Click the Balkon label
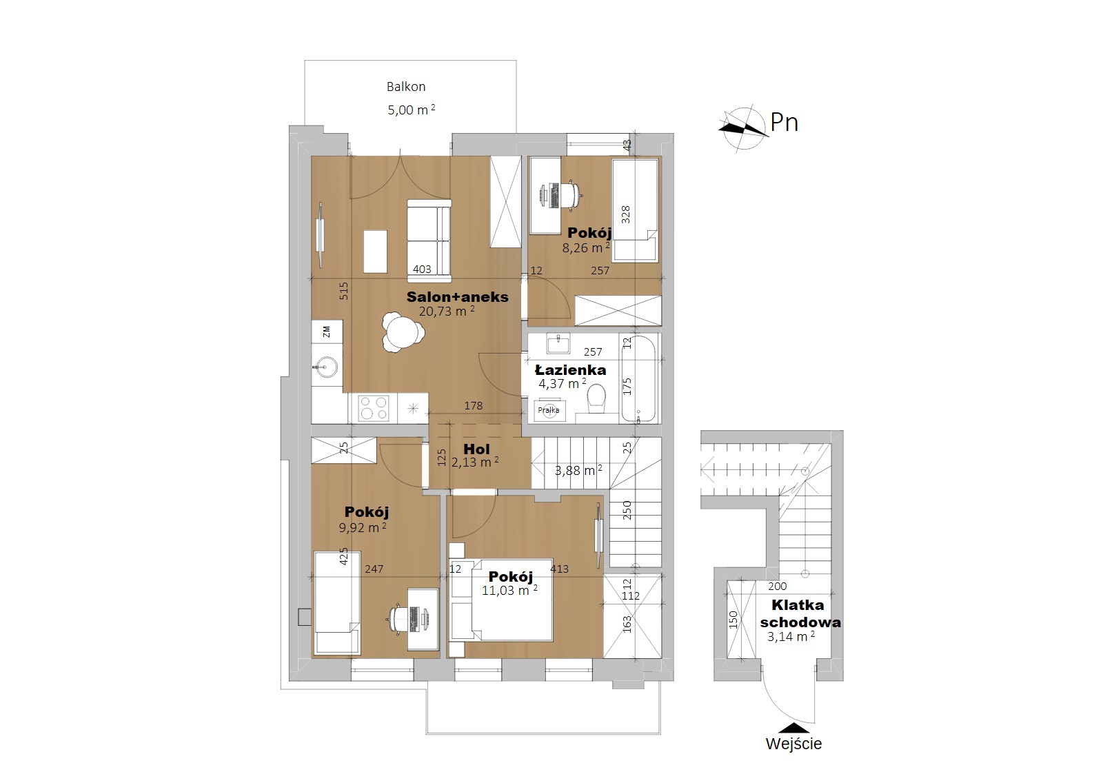(406, 87)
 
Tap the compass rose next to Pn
(743, 128)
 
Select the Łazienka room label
(571, 370)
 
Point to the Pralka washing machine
(549, 410)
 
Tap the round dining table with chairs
(402, 332)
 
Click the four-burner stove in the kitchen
(374, 408)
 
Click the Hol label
(476, 449)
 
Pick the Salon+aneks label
(458, 297)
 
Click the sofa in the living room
(429, 241)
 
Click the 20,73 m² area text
(447, 311)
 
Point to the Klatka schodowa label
(800, 613)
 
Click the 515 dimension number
(344, 291)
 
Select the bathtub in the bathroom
(638, 378)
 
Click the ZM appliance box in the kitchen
(327, 332)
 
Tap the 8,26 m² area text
(586, 247)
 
